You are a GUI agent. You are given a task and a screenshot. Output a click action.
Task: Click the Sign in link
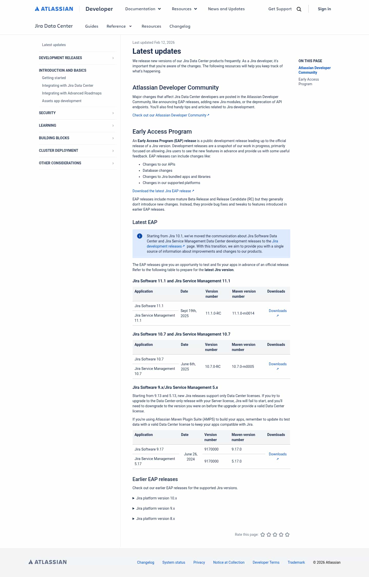(324, 9)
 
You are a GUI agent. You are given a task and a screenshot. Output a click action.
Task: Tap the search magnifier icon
(299, 9)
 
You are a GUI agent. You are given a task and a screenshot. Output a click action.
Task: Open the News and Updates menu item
(226, 9)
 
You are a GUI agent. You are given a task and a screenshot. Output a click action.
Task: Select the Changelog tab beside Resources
(180, 26)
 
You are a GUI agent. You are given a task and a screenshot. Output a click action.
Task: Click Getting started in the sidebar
(54, 78)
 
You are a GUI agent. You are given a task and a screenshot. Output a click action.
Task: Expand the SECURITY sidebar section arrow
(113, 113)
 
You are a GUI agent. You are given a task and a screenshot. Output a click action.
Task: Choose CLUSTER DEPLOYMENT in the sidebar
(58, 151)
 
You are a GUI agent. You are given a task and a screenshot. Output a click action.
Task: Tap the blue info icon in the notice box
(140, 236)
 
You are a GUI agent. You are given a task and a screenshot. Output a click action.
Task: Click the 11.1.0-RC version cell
(213, 313)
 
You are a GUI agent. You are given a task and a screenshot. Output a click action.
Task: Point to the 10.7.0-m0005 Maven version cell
(243, 367)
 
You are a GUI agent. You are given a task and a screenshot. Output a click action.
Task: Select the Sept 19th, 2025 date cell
(188, 313)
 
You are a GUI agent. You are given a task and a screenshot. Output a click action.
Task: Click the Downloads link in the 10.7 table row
(278, 364)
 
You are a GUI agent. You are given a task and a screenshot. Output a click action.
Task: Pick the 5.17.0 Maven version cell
(237, 461)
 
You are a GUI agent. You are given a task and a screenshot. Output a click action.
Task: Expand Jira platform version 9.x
(155, 508)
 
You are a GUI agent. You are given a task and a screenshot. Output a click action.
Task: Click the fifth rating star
(287, 535)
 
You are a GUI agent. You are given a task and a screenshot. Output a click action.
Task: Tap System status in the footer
(173, 562)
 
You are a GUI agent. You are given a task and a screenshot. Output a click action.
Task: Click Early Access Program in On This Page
(309, 82)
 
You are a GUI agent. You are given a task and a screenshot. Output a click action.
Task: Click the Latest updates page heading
(157, 51)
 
